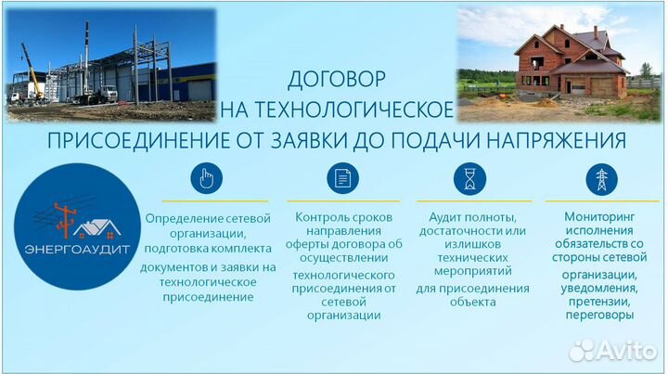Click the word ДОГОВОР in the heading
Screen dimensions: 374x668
337,79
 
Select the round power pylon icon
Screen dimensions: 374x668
601,178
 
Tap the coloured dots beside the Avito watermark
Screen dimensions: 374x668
584,351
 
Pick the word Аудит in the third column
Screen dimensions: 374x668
436,216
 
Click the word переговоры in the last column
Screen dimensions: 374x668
599,315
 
